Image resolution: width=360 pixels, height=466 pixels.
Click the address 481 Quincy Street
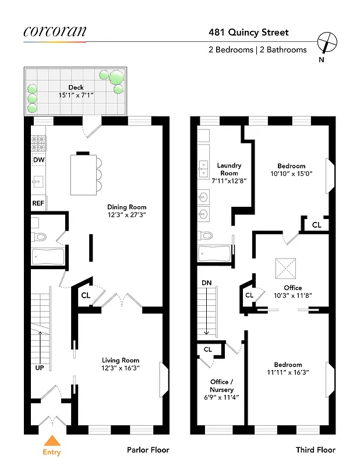[x=249, y=33]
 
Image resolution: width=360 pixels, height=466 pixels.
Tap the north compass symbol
[x=327, y=43]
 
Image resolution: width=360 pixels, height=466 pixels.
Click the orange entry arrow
[x=52, y=441]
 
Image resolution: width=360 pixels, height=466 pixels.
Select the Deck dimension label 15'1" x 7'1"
[x=76, y=95]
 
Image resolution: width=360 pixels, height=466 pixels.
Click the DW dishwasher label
[x=38, y=160]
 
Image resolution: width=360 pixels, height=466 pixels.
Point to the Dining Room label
[x=126, y=207]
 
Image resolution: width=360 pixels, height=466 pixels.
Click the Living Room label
[x=121, y=360]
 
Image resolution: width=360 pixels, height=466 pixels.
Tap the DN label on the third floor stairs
[x=206, y=283]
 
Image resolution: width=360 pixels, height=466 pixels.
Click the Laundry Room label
[x=229, y=170]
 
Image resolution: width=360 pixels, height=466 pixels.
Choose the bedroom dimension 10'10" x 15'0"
[x=291, y=174]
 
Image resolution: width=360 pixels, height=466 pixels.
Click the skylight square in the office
[x=285, y=269]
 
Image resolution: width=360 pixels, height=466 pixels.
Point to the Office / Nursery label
[x=222, y=386]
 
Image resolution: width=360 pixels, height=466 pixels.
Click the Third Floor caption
[x=315, y=450]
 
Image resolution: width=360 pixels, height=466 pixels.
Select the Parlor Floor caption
[x=148, y=450]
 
